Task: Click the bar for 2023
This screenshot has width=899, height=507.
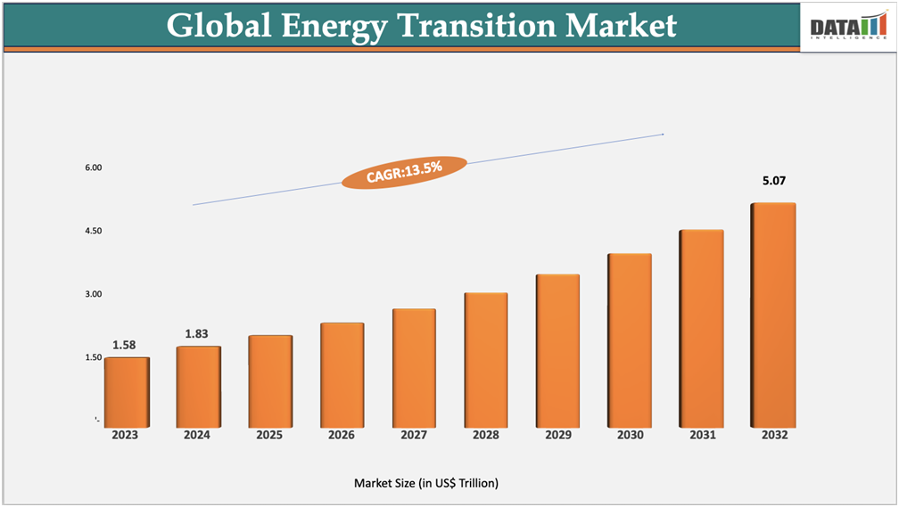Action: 127,391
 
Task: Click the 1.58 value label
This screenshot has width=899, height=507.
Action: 124,345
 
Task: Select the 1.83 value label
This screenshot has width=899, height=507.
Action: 196,333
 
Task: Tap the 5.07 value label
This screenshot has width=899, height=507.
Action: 774,181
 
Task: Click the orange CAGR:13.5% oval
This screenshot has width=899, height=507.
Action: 404,171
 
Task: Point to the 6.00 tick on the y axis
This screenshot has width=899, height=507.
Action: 94,168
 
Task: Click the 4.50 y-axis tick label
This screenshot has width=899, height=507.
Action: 94,231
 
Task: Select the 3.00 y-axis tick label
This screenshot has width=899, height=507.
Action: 94,294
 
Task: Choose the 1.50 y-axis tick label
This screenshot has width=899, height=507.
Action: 94,357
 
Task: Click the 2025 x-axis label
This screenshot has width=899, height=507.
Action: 269,436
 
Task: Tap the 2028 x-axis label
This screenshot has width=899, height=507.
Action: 485,436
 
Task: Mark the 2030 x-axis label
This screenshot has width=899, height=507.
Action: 629,436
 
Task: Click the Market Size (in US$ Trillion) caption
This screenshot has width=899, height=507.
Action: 426,483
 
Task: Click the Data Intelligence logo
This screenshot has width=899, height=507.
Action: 847,27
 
